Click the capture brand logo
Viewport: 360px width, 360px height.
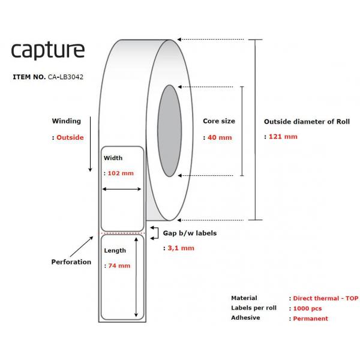pos(48,51)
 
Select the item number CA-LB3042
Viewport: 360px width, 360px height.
pos(65,77)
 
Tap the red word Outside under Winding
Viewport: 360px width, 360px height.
pos(70,137)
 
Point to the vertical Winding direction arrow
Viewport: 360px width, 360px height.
pos(90,144)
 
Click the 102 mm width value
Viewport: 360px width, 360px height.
pos(121,173)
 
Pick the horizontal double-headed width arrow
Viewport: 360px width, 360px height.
pos(122,189)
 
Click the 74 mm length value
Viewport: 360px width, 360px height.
pos(119,266)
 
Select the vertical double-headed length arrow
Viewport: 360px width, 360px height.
pos(136,277)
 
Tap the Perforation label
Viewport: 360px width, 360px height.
pos(71,262)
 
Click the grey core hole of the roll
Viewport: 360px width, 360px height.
pos(169,131)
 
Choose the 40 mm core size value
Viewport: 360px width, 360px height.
pos(220,137)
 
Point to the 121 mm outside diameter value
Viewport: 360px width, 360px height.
pos(283,137)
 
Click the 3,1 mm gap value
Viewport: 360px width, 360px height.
pos(181,248)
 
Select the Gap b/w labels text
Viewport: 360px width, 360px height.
pos(190,233)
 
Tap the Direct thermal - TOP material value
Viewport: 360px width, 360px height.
pos(326,298)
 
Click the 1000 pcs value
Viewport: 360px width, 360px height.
pos(307,308)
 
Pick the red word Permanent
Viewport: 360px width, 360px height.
pos(311,319)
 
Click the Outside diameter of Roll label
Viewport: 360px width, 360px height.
pos(307,122)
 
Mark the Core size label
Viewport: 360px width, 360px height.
pos(219,121)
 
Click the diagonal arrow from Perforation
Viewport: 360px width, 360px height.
pos(82,247)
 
